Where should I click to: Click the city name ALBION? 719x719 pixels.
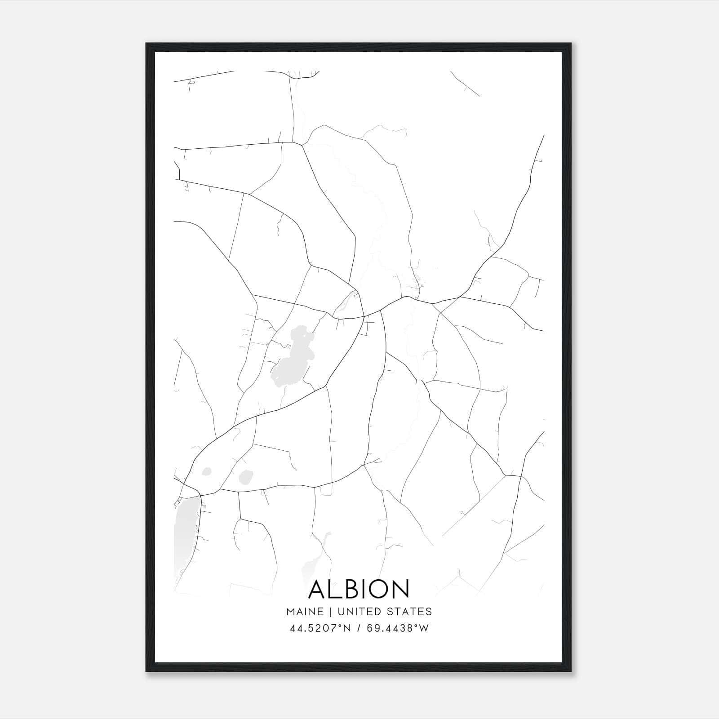click(x=359, y=589)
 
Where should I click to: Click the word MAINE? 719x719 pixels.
click(x=305, y=611)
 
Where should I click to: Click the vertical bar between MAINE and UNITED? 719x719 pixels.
click(x=330, y=611)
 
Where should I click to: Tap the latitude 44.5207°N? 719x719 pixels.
click(x=319, y=628)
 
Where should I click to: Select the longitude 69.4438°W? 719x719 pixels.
click(x=398, y=628)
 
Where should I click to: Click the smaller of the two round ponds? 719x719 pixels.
click(x=207, y=471)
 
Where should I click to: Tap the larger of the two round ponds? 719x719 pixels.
click(x=246, y=477)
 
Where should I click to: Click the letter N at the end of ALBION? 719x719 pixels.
click(x=400, y=589)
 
